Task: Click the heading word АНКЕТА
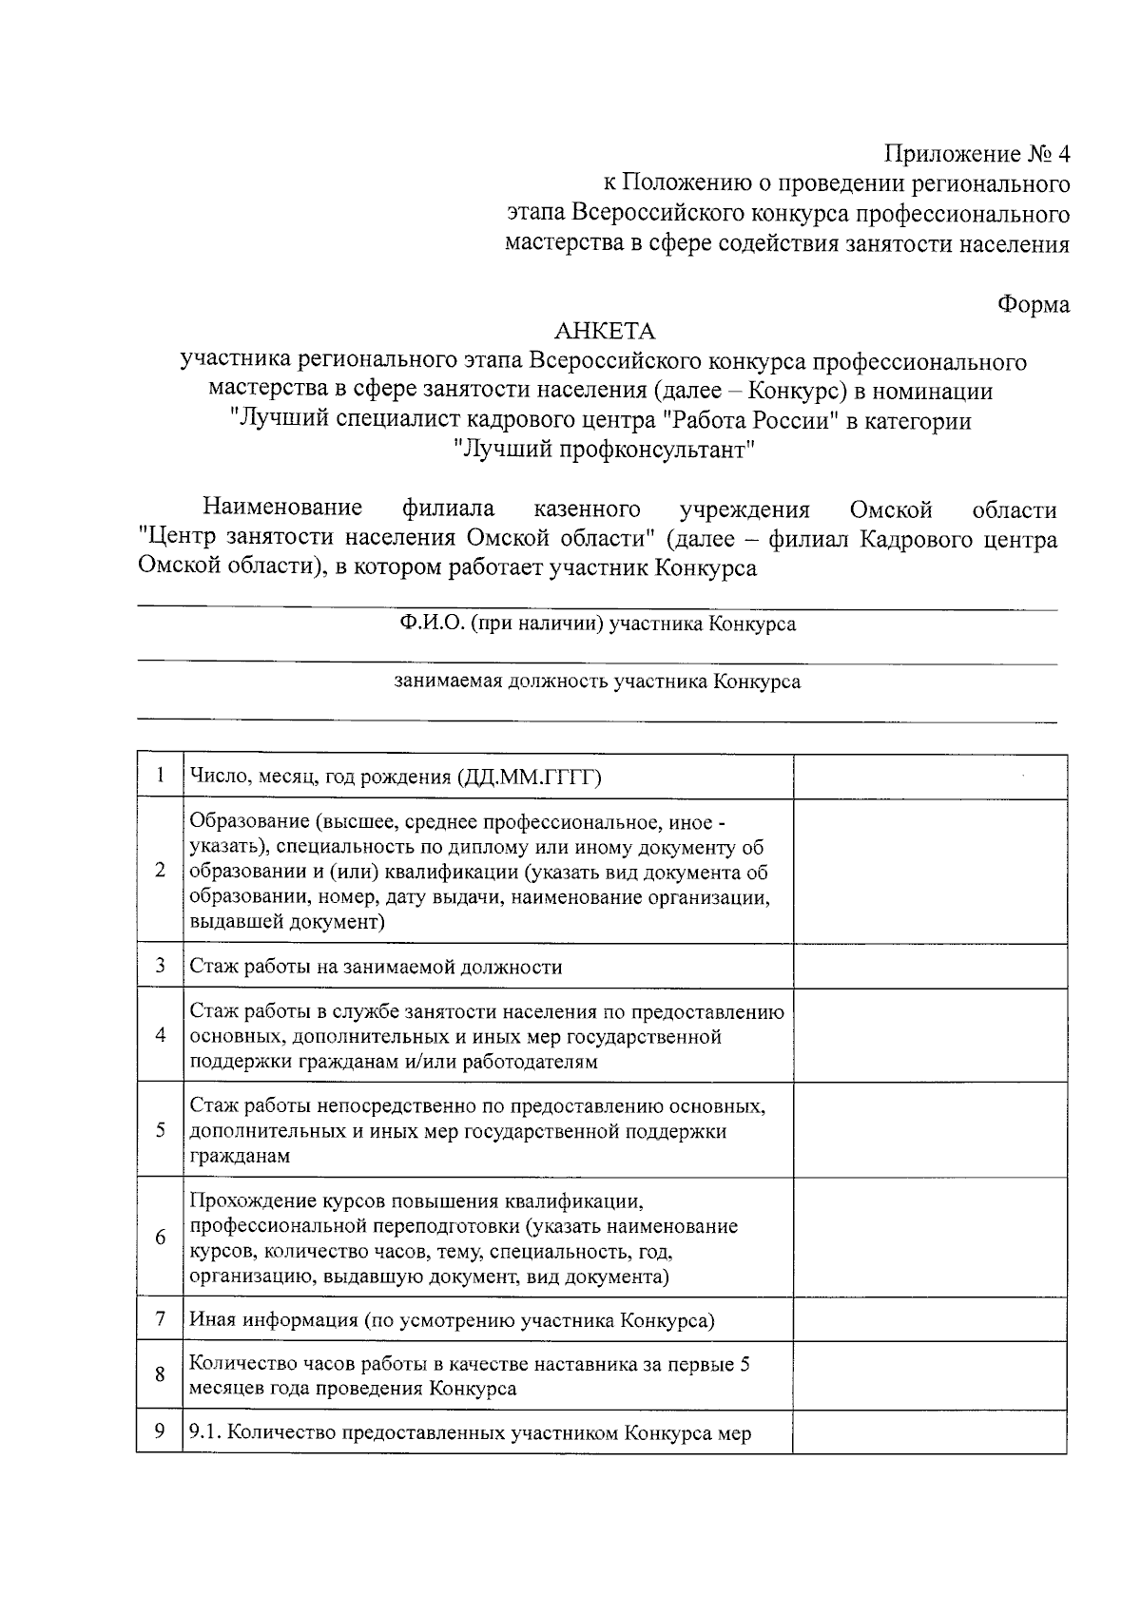coord(605,332)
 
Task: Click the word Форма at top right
coord(1033,304)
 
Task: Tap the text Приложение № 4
coord(977,154)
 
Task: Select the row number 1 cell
coord(160,777)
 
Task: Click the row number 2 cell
coord(160,871)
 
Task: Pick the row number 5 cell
coord(160,1130)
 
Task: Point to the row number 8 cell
coord(160,1374)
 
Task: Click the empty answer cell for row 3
coord(929,966)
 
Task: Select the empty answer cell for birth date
coord(929,777)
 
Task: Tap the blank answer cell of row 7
coord(929,1319)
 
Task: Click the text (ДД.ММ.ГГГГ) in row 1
coord(530,778)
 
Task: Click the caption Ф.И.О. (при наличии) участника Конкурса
coord(597,624)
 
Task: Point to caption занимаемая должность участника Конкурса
coord(597,682)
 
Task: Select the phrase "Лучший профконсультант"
coord(605,449)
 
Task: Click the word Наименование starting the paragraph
coord(282,509)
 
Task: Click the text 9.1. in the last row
coord(206,1433)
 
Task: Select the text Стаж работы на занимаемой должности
coord(376,967)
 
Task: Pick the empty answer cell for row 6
coord(929,1238)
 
